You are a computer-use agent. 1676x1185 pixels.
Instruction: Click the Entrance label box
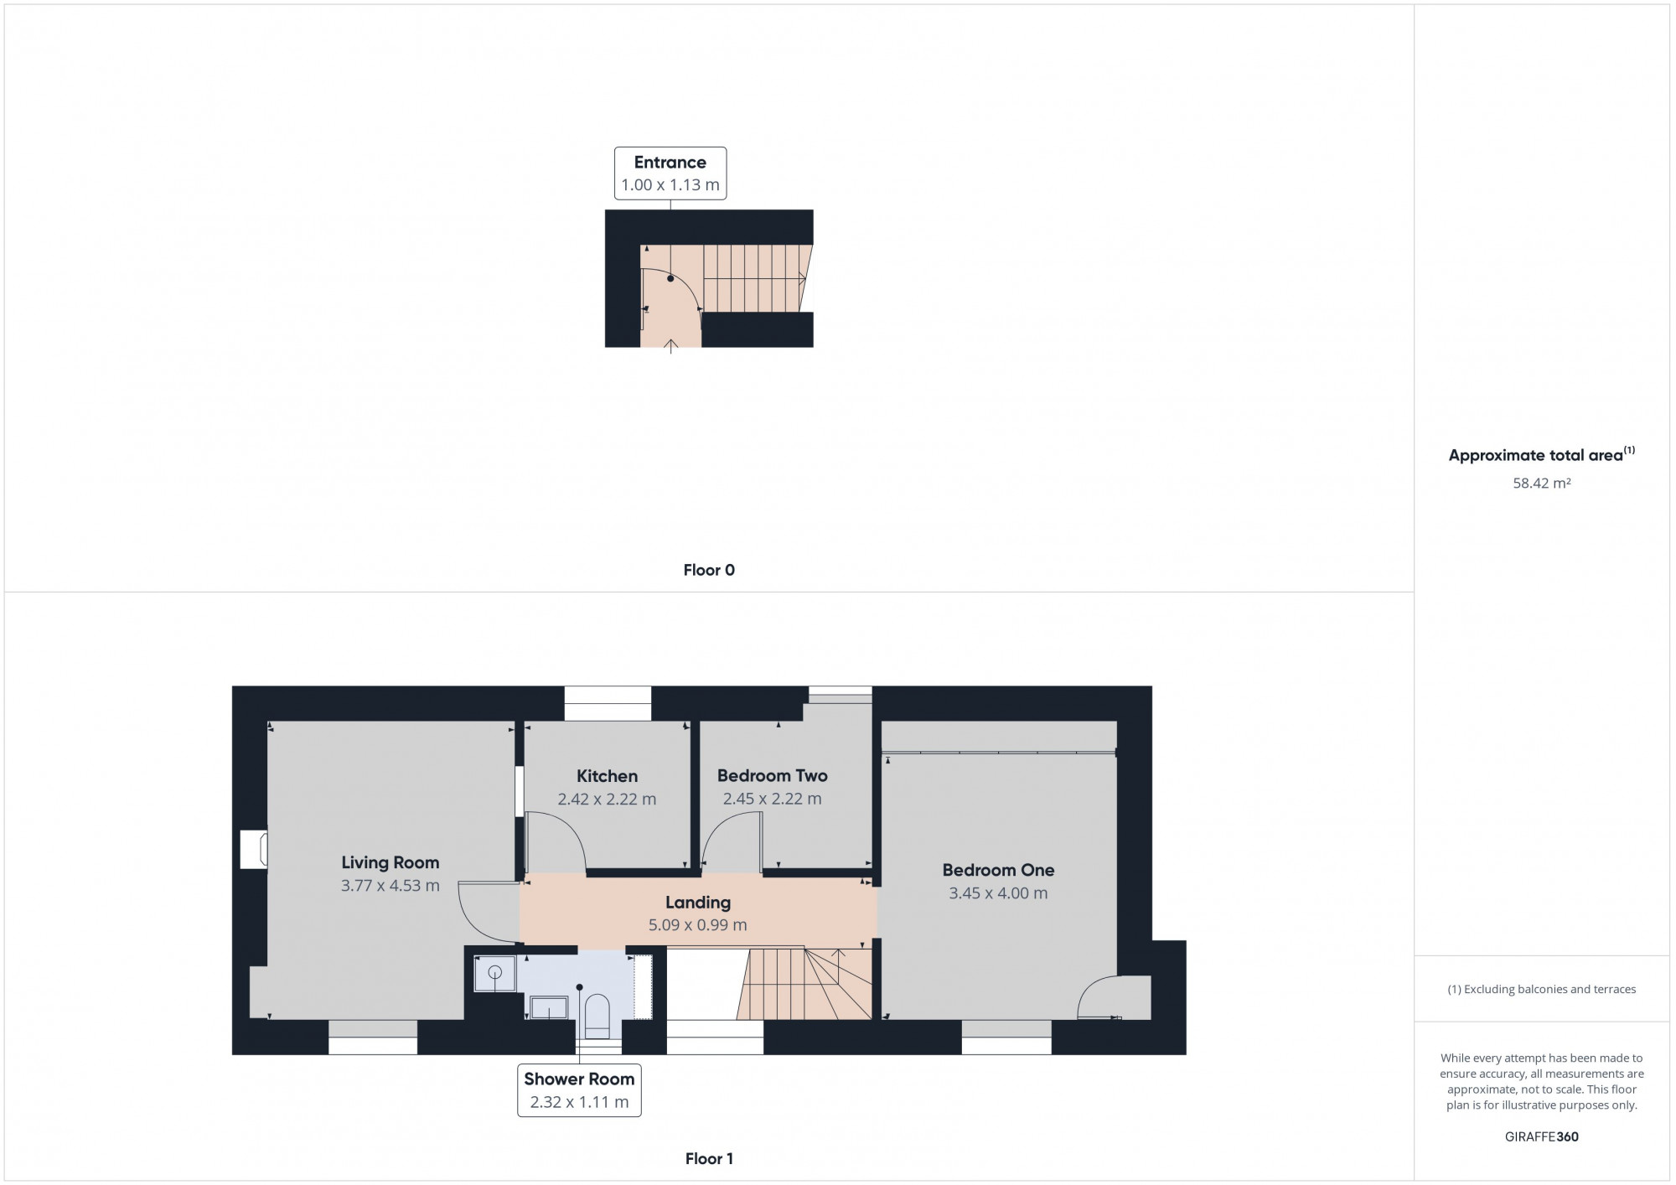(670, 173)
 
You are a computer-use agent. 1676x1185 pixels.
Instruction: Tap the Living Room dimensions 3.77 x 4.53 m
(390, 885)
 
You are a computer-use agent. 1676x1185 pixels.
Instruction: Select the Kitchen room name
(607, 776)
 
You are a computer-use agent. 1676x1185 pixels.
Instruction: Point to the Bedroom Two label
(772, 776)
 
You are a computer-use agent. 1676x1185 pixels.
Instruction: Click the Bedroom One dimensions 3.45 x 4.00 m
(997, 893)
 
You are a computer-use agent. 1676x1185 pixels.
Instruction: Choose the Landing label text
(697, 903)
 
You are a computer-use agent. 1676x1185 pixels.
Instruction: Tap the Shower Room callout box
(579, 1090)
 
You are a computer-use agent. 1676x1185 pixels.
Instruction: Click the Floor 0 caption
(708, 570)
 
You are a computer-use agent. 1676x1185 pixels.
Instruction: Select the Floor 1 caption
(708, 1159)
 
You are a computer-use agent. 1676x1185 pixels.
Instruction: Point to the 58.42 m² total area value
(1541, 484)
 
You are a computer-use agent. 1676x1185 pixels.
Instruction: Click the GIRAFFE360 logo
(1541, 1136)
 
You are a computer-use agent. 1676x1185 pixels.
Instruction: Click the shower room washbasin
(549, 1007)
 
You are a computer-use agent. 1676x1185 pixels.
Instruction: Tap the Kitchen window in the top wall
(607, 703)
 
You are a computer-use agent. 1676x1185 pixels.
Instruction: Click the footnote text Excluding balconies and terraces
(1541, 989)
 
